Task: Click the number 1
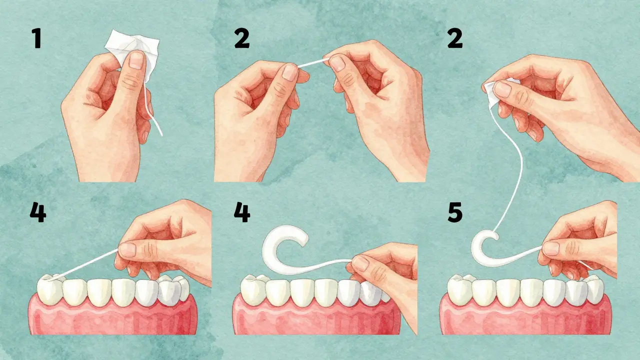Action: coord(37,38)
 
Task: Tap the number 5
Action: coord(455,212)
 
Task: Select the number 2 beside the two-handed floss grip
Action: coord(241,38)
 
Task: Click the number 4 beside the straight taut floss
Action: coord(38,212)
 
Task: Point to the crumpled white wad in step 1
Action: coord(131,51)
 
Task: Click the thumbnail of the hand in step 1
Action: coord(136,60)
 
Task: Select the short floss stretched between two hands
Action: coord(313,62)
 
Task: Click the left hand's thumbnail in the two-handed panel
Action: coord(290,72)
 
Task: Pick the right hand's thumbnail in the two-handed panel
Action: coord(337,63)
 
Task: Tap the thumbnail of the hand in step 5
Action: coord(550,248)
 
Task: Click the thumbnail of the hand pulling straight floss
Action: coord(127,250)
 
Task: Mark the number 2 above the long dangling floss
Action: coord(455,38)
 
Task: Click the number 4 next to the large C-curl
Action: coord(242,212)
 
